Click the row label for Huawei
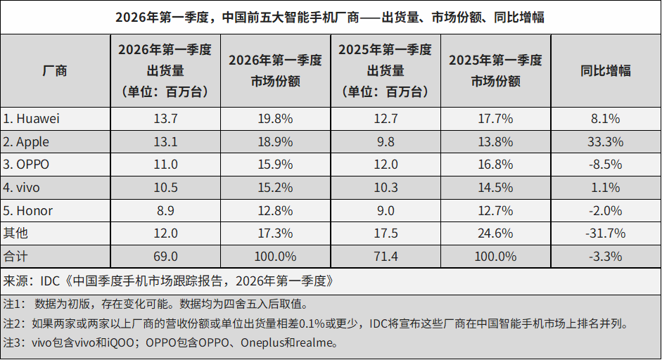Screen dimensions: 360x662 tap(32, 119)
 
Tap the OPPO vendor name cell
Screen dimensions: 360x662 tap(27, 165)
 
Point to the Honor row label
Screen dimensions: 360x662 tap(28, 211)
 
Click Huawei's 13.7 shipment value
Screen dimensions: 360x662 tap(165, 119)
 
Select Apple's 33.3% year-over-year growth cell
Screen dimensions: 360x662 tap(605, 142)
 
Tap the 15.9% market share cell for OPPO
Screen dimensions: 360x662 tap(275, 165)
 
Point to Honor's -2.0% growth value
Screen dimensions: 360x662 tap(605, 211)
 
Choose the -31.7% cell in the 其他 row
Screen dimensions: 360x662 tap(605, 233)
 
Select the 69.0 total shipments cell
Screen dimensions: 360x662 tap(165, 256)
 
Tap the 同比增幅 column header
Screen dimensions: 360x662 tap(605, 71)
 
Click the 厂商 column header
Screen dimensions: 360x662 tap(55, 71)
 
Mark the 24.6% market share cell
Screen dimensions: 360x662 tap(495, 233)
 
